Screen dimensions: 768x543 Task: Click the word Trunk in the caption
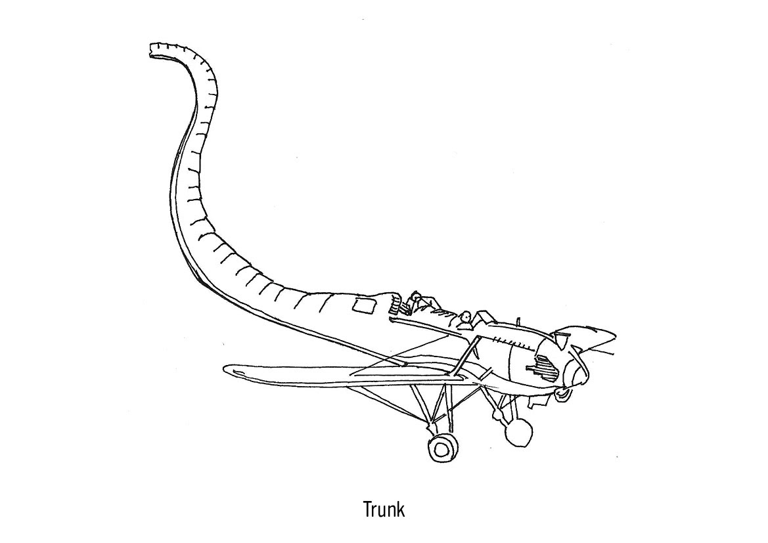(384, 510)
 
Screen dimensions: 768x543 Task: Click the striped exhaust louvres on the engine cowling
(544, 366)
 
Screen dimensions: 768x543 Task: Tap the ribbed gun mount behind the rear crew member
(396, 306)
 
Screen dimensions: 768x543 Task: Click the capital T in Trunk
(368, 510)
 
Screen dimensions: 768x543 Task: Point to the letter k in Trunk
(401, 510)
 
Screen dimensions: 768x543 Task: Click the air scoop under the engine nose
(563, 393)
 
